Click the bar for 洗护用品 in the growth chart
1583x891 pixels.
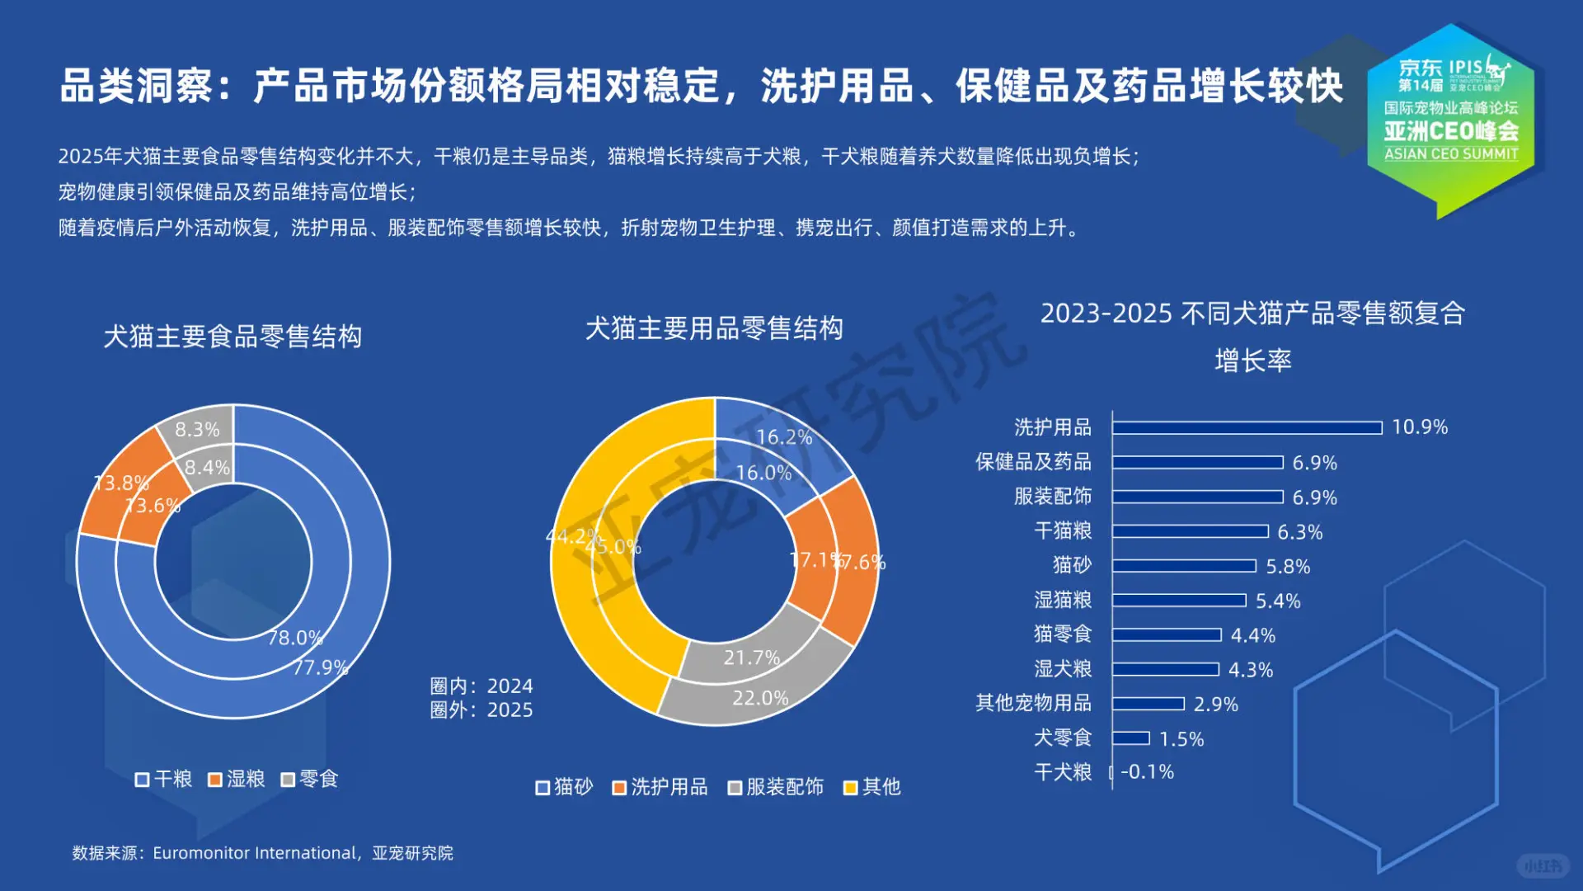click(x=1247, y=427)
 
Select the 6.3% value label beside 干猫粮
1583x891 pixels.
click(x=1299, y=532)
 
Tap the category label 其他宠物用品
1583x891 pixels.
click(x=1033, y=703)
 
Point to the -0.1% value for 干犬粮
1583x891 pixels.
click(x=1147, y=772)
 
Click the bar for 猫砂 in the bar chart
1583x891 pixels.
click(x=1184, y=566)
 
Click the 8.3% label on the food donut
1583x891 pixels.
click(x=197, y=430)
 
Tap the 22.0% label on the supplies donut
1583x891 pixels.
click(x=760, y=698)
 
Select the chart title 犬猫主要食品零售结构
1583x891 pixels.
click(x=233, y=337)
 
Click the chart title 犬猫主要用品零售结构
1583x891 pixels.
click(x=714, y=328)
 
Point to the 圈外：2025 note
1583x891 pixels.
click(x=481, y=710)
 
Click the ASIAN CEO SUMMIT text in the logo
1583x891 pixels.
click(x=1451, y=154)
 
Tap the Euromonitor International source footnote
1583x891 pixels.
click(x=262, y=853)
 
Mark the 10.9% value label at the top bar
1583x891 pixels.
click(x=1420, y=427)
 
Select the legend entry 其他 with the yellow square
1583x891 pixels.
click(x=872, y=787)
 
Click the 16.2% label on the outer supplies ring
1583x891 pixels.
click(x=784, y=437)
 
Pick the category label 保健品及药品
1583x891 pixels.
click(x=1033, y=462)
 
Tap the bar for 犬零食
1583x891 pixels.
click(x=1130, y=738)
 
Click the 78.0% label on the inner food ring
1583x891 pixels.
click(x=295, y=638)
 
